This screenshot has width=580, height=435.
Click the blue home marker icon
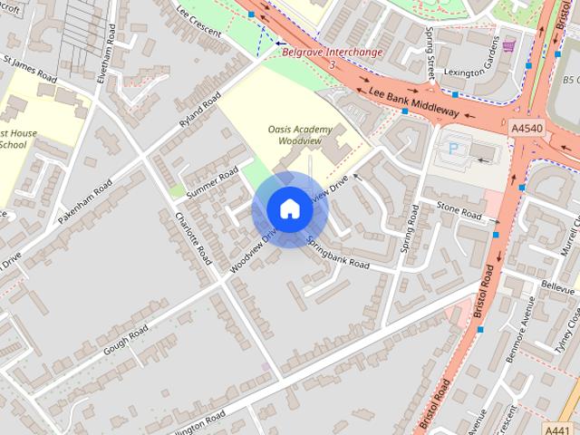289,209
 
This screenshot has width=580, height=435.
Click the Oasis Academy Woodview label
300,135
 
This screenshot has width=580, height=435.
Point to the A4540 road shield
527,130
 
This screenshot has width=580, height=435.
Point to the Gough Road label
125,342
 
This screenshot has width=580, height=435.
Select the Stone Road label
459,212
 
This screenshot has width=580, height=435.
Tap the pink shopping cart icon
508,45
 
